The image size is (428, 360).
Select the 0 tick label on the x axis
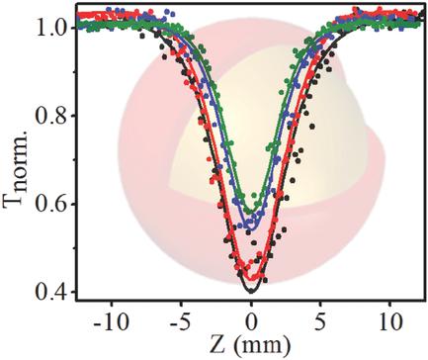253,322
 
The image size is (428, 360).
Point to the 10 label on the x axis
389,322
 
